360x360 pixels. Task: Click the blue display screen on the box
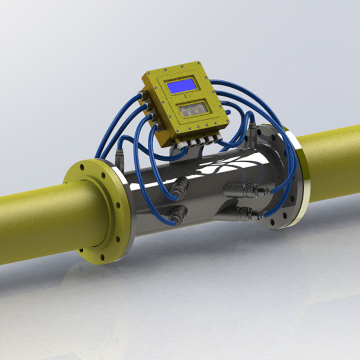tap(182, 86)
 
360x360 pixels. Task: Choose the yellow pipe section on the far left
tap(36, 223)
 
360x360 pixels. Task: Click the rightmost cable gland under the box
tap(218, 138)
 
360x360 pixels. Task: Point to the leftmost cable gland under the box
tap(181, 144)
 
